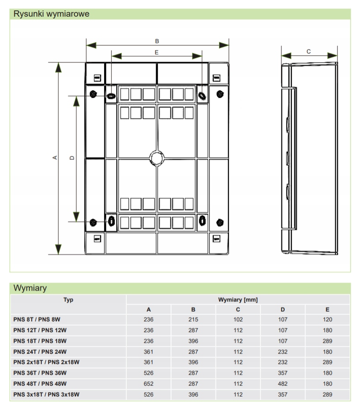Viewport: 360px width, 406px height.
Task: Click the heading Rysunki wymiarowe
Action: click(x=51, y=14)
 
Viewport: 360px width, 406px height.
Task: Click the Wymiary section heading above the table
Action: click(x=30, y=288)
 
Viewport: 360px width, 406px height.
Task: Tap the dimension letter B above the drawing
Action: click(x=157, y=41)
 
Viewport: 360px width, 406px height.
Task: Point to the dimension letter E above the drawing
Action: click(x=156, y=52)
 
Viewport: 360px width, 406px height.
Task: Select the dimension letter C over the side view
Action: click(x=308, y=52)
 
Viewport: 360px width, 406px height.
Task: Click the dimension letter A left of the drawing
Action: click(x=55, y=157)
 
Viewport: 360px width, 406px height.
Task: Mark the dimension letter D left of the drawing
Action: click(x=72, y=158)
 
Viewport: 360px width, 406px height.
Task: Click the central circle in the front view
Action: click(x=157, y=158)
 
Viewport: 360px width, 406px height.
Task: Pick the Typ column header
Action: click(x=68, y=300)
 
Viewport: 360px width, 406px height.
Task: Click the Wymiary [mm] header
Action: click(x=237, y=300)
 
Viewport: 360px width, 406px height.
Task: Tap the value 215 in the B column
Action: click(x=193, y=320)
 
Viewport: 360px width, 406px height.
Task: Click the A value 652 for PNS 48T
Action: click(x=149, y=384)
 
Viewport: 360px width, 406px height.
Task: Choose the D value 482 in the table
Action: click(x=283, y=384)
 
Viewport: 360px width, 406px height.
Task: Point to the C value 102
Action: click(x=238, y=320)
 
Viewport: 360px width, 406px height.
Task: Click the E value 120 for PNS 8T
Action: click(x=327, y=320)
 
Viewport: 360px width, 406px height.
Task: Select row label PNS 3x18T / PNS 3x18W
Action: click(x=47, y=395)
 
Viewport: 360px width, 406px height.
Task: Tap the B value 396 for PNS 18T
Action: click(x=193, y=341)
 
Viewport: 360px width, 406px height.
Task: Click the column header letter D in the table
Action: click(x=283, y=309)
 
